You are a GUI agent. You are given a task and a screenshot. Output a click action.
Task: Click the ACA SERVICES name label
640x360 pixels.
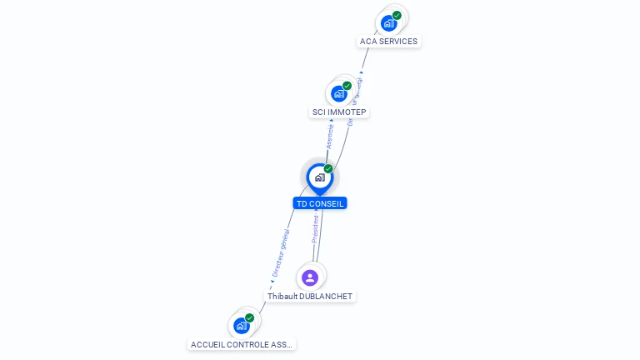coord(388,42)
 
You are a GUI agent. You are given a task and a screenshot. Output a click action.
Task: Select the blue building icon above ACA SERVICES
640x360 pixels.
coord(388,23)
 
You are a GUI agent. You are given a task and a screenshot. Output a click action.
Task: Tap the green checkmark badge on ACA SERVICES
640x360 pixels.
coord(397,15)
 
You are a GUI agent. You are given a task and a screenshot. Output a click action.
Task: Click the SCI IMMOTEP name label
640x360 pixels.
coord(339,112)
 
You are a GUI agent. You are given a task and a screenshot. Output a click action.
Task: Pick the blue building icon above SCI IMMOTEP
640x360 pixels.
coord(338,93)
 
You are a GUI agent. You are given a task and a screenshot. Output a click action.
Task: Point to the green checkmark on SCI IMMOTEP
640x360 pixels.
coord(347,86)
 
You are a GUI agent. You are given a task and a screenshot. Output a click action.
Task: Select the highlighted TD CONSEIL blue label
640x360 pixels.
coord(320,203)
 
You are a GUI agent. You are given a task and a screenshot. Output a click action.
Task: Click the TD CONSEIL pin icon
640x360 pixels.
coord(319,177)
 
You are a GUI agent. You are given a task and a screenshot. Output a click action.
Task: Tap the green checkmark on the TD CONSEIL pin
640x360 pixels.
coord(328,169)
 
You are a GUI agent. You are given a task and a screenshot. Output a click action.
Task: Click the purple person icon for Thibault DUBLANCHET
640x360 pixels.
coord(310,277)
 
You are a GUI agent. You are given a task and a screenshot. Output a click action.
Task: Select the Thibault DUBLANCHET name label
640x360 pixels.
coord(310,297)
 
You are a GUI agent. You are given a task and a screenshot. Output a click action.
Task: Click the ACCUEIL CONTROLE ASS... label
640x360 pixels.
coord(242,344)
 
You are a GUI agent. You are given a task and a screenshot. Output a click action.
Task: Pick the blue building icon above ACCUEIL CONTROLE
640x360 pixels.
coord(242,325)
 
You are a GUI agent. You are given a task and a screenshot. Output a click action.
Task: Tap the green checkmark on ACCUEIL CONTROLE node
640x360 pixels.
coord(249,317)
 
